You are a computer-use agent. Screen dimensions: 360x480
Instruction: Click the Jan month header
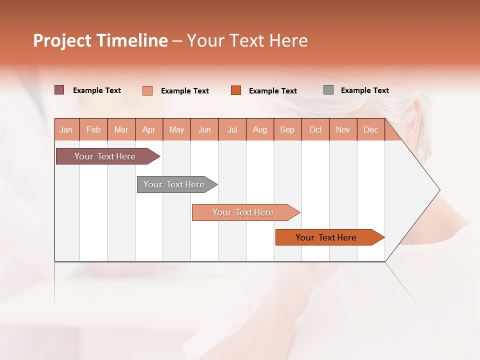click(66, 129)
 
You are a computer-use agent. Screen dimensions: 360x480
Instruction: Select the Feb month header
click(93, 129)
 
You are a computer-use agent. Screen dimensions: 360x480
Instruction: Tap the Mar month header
click(121, 129)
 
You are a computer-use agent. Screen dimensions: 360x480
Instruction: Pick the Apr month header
click(149, 129)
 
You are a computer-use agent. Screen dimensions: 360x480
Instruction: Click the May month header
click(176, 129)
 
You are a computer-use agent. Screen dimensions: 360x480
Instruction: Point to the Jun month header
click(204, 129)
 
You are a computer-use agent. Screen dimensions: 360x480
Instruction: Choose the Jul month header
click(232, 129)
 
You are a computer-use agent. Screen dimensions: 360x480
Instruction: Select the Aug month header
click(260, 129)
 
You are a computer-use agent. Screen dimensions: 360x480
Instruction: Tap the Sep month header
click(287, 129)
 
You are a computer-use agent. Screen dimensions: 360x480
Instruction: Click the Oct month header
click(315, 129)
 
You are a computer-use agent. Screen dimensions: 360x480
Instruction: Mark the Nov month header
click(343, 129)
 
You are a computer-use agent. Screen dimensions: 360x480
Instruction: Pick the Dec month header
click(371, 129)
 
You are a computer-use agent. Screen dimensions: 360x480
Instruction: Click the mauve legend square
click(59, 90)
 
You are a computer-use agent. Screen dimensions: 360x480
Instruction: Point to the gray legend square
click(328, 90)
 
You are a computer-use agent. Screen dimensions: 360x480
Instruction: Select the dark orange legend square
click(236, 90)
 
